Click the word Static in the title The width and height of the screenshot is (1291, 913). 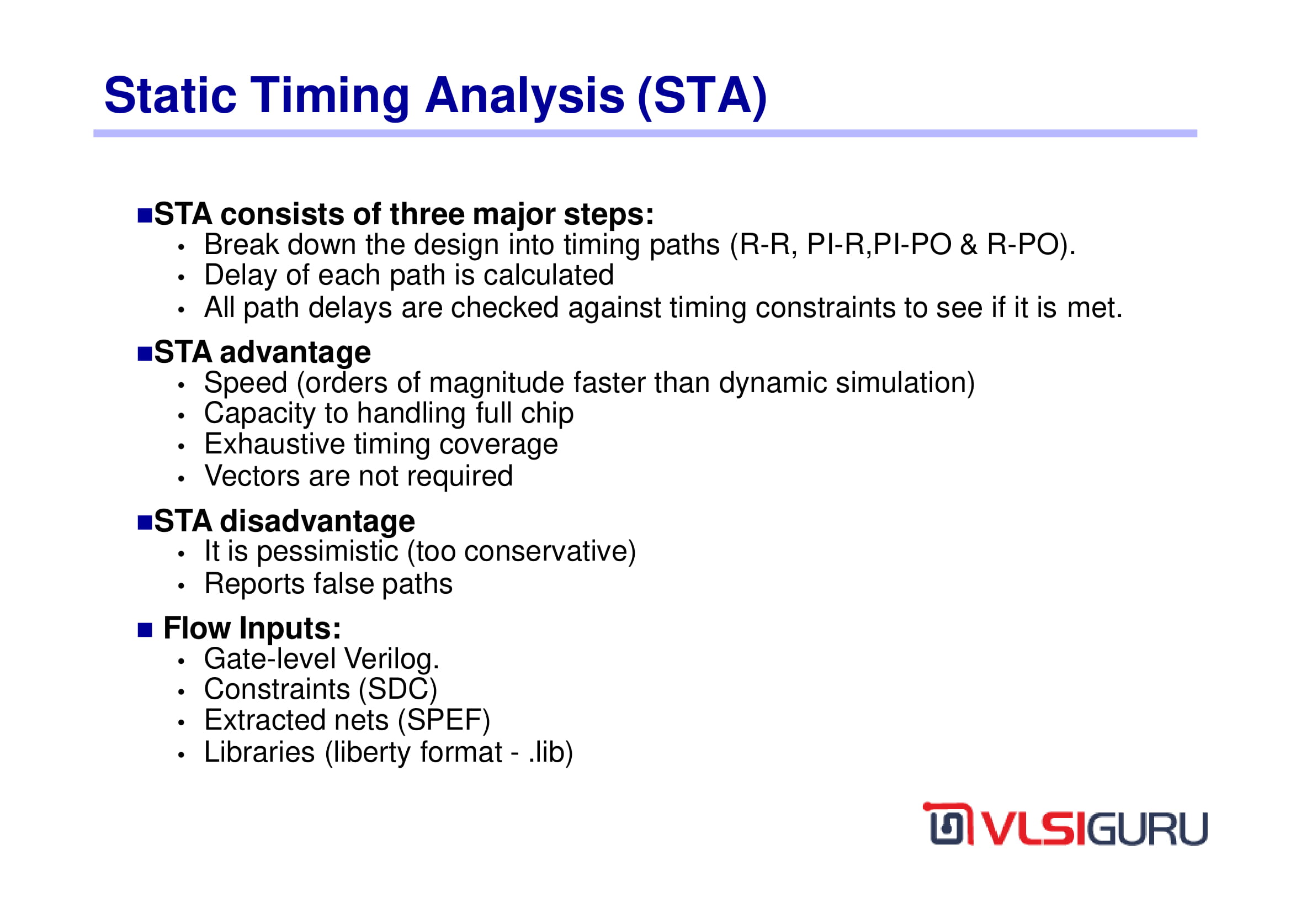coord(171,96)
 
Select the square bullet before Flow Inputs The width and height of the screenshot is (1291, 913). coord(145,630)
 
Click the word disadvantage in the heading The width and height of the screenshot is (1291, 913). coord(317,521)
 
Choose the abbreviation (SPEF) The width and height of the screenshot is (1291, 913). coord(444,721)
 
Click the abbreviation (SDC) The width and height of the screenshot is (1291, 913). coord(398,690)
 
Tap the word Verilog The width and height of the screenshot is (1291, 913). coord(392,659)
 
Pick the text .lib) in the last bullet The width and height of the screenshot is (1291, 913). coord(550,753)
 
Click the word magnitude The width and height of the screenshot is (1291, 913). coord(497,383)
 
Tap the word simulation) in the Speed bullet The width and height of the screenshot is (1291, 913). coord(905,383)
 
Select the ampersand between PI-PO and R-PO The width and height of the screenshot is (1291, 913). coord(969,245)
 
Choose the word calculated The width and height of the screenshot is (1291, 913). coord(548,275)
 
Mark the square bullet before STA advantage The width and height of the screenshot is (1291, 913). coord(145,354)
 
